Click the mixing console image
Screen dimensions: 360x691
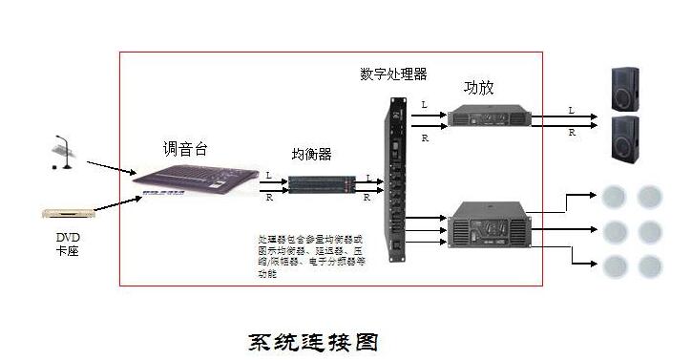pos(195,180)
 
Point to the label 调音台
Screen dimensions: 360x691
pos(184,149)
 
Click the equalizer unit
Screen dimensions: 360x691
pos(317,183)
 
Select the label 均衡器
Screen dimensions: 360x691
pos(311,155)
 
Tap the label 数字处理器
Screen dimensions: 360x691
pos(393,74)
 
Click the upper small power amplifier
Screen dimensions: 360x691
pos(491,117)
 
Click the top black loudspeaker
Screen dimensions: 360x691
pos(625,89)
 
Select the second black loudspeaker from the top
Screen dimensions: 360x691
pos(625,138)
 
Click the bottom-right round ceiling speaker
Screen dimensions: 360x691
pos(649,265)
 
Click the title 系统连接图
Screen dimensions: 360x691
pos(315,341)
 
